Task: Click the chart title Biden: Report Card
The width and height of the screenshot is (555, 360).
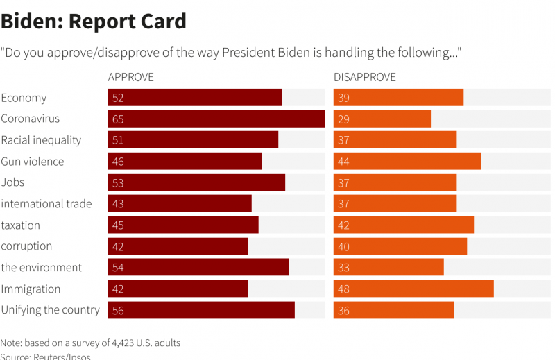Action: coord(94,22)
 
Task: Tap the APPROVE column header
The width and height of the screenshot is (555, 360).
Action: coord(131,77)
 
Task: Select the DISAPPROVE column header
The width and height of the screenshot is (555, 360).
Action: coord(365,77)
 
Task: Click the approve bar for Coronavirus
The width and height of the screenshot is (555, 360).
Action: coord(216,119)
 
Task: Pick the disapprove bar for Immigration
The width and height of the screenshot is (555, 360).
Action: coord(413,289)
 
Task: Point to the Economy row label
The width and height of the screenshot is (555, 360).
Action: coord(24,98)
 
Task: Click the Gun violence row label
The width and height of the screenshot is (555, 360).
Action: coord(32,162)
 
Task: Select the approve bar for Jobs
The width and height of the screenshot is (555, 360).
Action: coord(196,182)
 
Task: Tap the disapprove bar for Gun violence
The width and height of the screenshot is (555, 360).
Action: coord(407,162)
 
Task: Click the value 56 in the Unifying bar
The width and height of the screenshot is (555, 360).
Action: coord(118,311)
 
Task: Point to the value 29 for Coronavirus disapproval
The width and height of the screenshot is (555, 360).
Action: coord(343,119)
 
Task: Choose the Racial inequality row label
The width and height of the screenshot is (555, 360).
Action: coord(41,140)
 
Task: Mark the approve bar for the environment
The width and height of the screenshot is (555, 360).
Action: coord(198,268)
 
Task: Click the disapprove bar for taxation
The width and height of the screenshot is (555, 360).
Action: coord(404,225)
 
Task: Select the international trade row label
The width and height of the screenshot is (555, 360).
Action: coord(46,204)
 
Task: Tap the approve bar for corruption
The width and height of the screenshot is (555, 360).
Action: coord(178,246)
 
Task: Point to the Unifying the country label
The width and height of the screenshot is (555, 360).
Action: coord(50,310)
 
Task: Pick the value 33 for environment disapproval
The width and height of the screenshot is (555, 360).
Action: coord(343,268)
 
